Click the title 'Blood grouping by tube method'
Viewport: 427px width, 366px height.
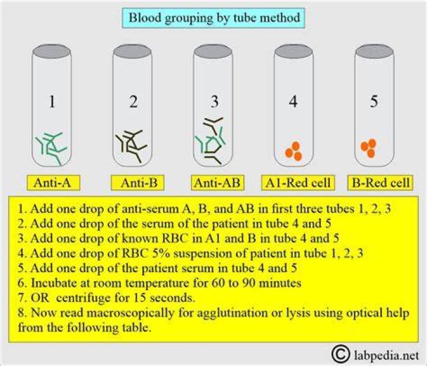click(x=213, y=18)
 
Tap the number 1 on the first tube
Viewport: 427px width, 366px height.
click(x=52, y=101)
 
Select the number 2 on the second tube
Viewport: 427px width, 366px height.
click(x=133, y=101)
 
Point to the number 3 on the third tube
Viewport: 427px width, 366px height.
click(x=214, y=101)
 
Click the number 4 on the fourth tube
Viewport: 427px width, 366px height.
click(x=293, y=101)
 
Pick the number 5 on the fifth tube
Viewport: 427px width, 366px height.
click(x=374, y=101)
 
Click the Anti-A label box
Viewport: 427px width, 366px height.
click(x=53, y=183)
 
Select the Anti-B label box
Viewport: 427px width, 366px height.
click(x=138, y=183)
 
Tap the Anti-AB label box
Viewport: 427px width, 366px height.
click(x=218, y=183)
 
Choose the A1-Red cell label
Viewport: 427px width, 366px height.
click(x=298, y=183)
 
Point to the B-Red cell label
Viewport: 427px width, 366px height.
click(x=380, y=183)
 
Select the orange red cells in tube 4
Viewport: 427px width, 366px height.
click(x=294, y=151)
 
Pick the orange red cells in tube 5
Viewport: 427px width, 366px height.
click(x=368, y=148)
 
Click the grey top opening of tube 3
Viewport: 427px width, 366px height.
click(x=213, y=52)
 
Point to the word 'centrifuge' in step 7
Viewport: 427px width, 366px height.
click(x=83, y=298)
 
